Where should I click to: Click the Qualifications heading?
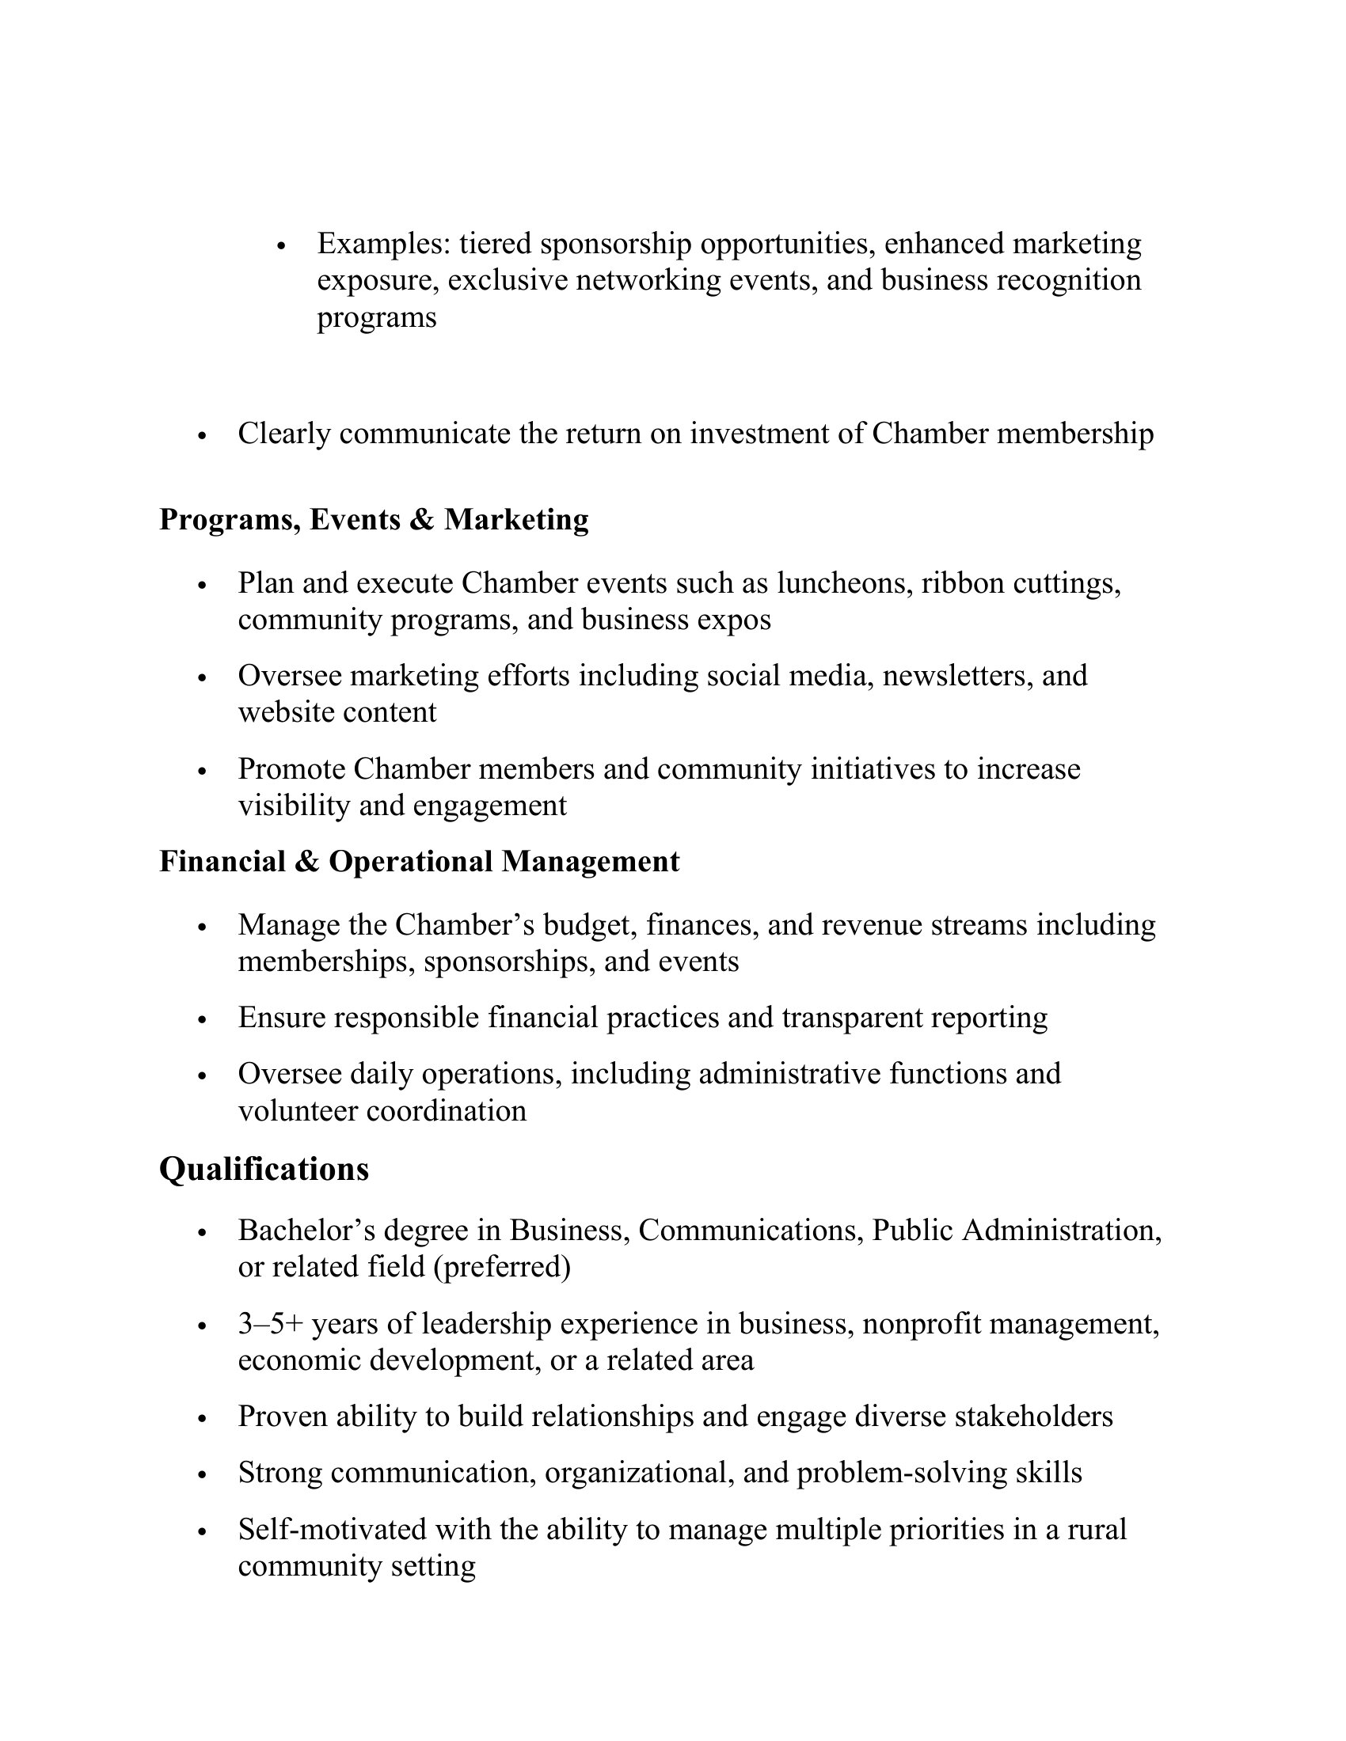[x=264, y=1170]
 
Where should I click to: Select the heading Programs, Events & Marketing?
[x=374, y=520]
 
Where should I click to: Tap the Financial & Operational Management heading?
[x=420, y=862]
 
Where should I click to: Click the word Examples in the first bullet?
[x=384, y=243]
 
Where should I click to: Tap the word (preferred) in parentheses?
[x=502, y=1267]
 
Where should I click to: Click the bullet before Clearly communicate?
[x=202, y=436]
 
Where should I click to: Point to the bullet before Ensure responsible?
[x=202, y=1019]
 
